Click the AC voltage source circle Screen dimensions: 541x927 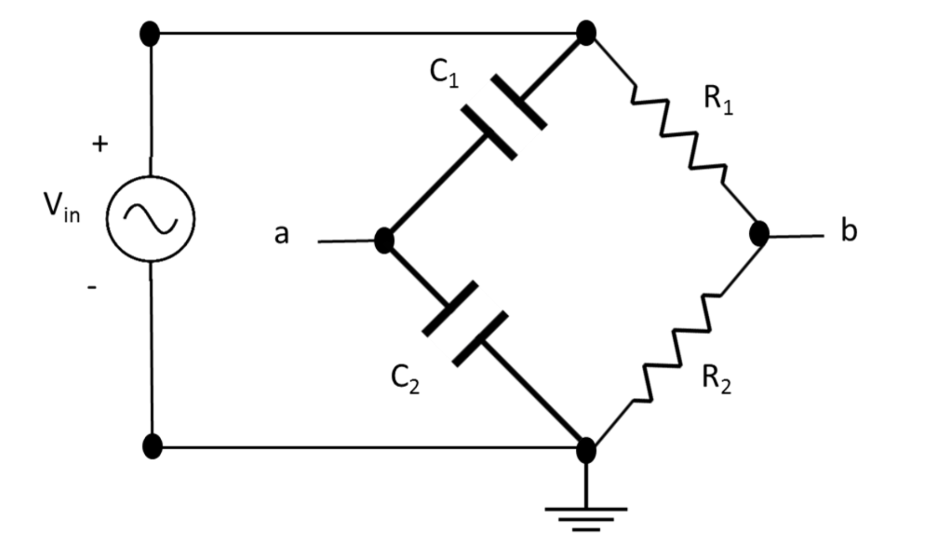click(x=151, y=218)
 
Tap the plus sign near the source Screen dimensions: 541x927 click(x=100, y=144)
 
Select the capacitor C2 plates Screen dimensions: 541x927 click(x=465, y=323)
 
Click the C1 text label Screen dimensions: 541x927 click(x=443, y=73)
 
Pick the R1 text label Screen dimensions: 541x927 click(x=718, y=100)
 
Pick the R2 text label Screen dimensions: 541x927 click(x=716, y=380)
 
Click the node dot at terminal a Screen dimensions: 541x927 click(x=384, y=240)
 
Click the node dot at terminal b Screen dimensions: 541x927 click(x=759, y=234)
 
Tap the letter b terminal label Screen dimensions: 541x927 click(x=849, y=231)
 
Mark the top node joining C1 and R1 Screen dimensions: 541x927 click(x=586, y=33)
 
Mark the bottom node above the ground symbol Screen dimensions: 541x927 click(x=586, y=450)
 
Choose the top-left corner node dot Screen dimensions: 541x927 click(x=150, y=34)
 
